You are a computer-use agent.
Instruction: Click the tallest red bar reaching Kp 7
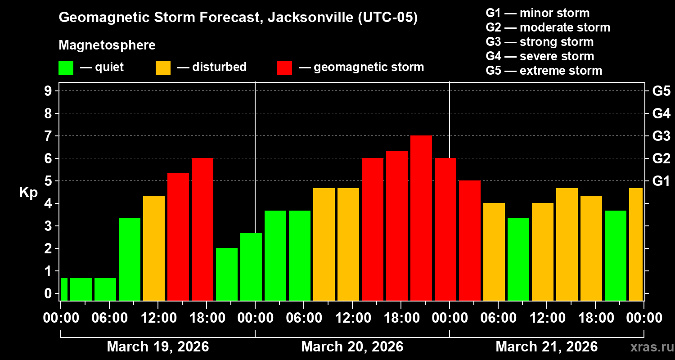[421, 218]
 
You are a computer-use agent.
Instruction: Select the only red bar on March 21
[470, 240]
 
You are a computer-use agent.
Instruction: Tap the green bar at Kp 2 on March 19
[227, 274]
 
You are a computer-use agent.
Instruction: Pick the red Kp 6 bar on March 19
[202, 229]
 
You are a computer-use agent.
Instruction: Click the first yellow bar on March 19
[154, 248]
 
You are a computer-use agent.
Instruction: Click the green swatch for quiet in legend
[66, 67]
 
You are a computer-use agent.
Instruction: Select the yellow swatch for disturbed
[163, 67]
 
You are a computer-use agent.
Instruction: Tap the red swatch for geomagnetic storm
[284, 67]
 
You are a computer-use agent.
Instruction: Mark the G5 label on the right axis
[661, 91]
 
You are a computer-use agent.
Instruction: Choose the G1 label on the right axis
[661, 181]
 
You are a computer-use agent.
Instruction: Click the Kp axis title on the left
[28, 193]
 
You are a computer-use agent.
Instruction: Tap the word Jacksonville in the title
[307, 18]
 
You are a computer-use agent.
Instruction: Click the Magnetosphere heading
[107, 45]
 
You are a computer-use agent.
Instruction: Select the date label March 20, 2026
[352, 347]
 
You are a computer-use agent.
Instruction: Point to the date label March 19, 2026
[157, 347]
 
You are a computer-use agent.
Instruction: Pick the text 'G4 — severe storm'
[540, 56]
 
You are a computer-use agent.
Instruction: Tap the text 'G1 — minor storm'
[537, 13]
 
